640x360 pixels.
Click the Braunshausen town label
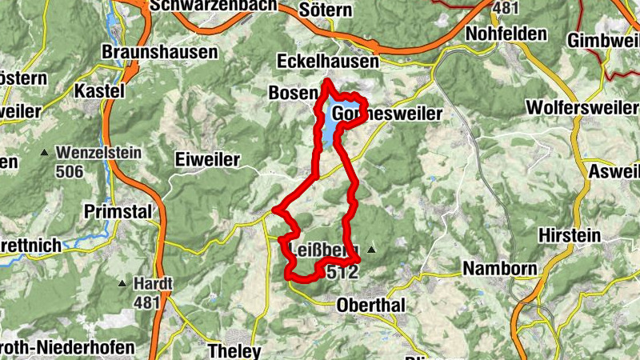tap(160, 52)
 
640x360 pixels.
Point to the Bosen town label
tap(293, 94)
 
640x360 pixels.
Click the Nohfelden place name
tap(506, 34)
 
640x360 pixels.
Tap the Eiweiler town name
tap(207, 160)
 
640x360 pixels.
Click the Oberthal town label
tap(372, 305)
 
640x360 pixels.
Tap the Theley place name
tap(234, 350)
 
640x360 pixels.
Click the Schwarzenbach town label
tap(213, 6)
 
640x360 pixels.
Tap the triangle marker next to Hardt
tap(122, 283)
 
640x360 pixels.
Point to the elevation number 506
tap(70, 170)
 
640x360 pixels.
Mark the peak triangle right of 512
tap(370, 251)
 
